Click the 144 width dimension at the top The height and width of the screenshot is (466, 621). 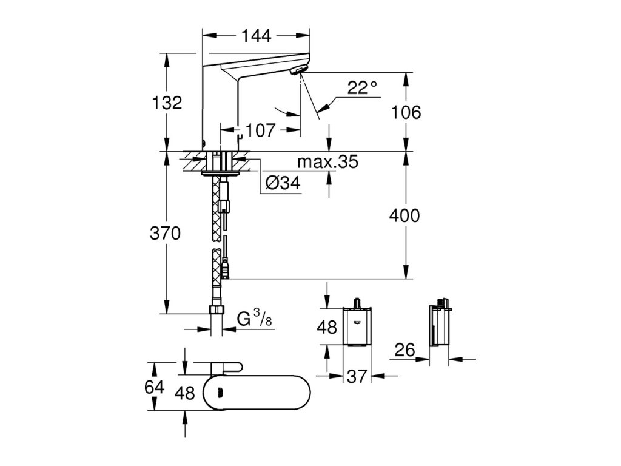257,36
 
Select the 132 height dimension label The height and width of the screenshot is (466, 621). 167,103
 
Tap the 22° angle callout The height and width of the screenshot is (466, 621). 362,87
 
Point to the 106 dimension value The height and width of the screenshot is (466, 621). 406,112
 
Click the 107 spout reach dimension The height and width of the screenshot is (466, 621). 260,130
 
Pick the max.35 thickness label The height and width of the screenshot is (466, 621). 327,161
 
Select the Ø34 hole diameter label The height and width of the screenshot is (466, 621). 283,183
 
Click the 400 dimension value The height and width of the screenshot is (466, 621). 404,216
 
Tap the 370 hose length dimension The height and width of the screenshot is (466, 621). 165,233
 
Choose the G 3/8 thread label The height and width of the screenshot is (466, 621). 255,318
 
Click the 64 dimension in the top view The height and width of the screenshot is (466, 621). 154,387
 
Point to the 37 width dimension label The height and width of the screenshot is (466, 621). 357,376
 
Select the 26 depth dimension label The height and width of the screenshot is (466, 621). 404,350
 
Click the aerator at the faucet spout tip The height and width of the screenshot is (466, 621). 298,70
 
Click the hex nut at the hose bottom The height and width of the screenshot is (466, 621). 217,309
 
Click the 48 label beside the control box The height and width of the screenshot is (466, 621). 327,327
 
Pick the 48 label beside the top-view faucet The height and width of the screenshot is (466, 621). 185,393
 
